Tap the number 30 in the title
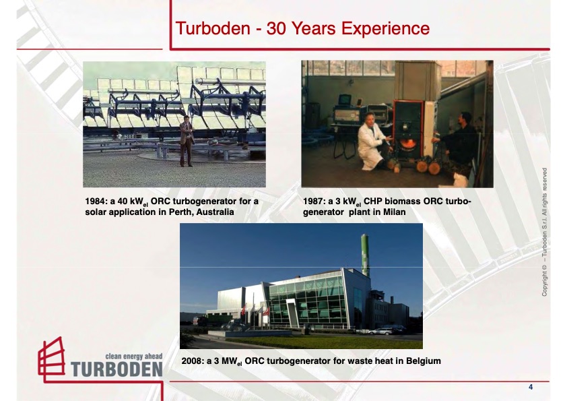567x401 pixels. [281, 28]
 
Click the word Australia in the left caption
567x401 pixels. [215, 212]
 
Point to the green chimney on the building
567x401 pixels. [365, 253]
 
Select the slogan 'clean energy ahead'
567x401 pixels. [134, 355]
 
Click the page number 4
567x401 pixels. [531, 387]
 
